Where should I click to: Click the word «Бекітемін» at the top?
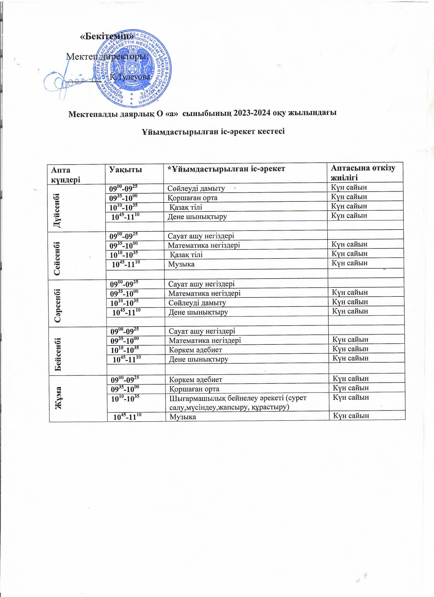click(x=107, y=37)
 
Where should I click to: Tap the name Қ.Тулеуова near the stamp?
click(x=130, y=77)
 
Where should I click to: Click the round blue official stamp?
click(x=133, y=69)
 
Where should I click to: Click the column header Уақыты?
click(x=126, y=170)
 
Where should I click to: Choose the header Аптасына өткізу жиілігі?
click(x=363, y=172)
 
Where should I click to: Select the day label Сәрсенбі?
click(x=58, y=305)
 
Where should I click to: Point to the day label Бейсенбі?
click(x=58, y=354)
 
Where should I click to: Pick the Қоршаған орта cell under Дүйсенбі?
click(x=193, y=198)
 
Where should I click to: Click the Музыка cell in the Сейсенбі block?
click(x=181, y=264)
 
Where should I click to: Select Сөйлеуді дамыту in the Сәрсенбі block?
click(x=197, y=303)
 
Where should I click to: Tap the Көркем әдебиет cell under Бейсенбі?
click(x=196, y=350)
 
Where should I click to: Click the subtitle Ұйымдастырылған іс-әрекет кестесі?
click(x=213, y=131)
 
